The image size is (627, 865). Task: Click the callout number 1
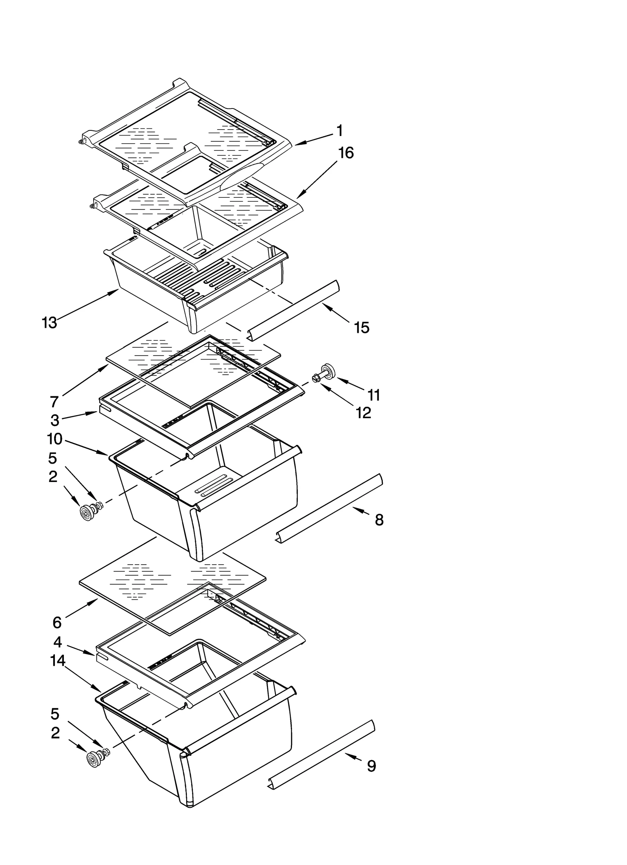(x=339, y=131)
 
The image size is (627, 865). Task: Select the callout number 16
(x=346, y=153)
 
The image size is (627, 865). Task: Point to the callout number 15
(x=361, y=327)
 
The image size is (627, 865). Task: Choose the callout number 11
(x=374, y=395)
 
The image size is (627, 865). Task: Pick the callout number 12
(x=364, y=413)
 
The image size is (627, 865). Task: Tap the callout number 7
(x=54, y=401)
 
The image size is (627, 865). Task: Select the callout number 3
(x=55, y=420)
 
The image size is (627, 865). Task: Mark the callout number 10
(x=55, y=439)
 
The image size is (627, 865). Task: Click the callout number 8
(x=379, y=520)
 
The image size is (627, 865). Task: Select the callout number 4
(x=57, y=642)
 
